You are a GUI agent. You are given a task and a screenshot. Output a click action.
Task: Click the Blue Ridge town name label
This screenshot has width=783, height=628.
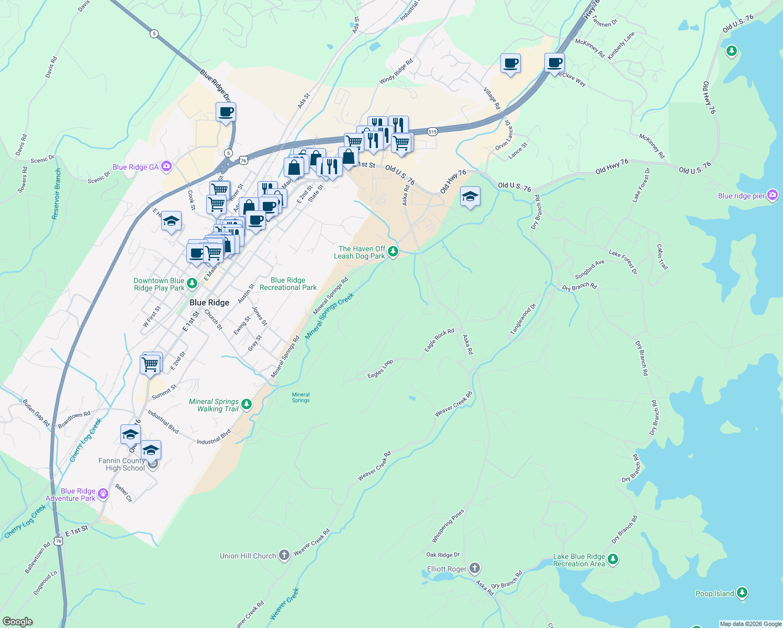coord(209,302)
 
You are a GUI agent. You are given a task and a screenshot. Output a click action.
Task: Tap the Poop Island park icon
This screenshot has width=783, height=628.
coord(742,593)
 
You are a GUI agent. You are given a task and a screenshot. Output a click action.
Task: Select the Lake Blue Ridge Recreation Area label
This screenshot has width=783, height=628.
coord(579,560)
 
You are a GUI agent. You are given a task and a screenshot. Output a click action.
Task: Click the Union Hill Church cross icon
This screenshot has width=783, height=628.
coord(284,555)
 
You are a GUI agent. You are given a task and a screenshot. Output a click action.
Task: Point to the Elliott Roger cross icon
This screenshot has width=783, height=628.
coord(474,568)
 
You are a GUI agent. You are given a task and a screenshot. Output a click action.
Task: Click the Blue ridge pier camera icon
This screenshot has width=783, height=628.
coord(773,196)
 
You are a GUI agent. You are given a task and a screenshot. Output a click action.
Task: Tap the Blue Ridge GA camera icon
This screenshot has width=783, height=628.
coord(166,167)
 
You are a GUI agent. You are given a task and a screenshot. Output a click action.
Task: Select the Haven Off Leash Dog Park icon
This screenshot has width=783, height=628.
coord(393,252)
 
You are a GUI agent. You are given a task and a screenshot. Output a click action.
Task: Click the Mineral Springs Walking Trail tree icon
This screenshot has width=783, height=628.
coord(247,405)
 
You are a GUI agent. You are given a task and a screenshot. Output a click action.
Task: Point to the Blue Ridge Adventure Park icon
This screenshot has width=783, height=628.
coord(103,494)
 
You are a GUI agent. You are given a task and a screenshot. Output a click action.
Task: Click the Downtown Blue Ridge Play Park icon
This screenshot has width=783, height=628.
coord(192,284)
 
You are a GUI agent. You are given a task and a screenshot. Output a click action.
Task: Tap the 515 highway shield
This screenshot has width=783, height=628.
coord(432,132)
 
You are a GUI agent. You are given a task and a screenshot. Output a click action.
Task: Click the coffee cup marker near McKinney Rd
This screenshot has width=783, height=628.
coord(554,63)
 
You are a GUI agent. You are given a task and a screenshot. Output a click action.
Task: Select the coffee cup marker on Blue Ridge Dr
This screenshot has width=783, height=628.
coord(226,112)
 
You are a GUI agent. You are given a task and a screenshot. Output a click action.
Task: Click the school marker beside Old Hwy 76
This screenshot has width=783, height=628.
coord(470,197)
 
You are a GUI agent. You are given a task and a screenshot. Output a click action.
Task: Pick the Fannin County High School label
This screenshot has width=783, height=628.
coord(121,464)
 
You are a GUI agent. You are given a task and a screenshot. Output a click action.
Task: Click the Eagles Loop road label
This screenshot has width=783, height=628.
coord(380,369)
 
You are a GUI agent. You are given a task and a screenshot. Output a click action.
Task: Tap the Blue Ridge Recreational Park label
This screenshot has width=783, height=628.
coord(288,284)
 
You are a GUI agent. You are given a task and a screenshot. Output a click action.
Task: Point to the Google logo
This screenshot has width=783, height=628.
coord(17,622)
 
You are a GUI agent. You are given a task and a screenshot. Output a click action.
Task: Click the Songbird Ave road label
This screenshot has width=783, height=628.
coord(589,270)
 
